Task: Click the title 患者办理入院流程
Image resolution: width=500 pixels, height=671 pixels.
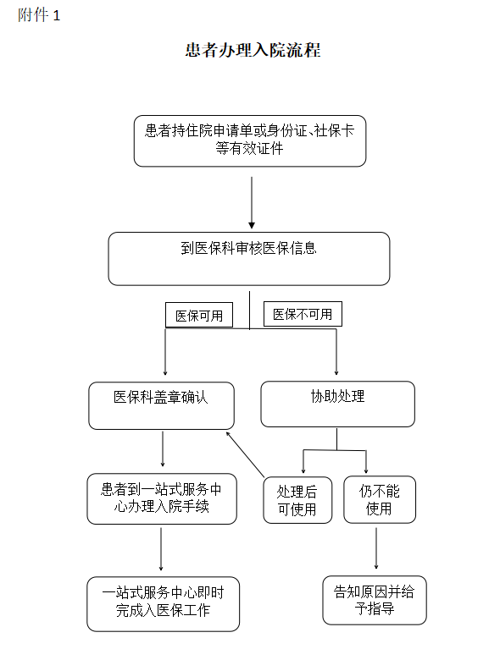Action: tap(253, 50)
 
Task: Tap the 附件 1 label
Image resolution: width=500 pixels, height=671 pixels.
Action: tap(39, 16)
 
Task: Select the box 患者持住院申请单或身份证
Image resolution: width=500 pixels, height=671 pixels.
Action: tap(249, 140)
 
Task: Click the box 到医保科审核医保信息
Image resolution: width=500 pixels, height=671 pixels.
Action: tap(248, 258)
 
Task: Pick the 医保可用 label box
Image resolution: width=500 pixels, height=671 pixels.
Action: tap(198, 316)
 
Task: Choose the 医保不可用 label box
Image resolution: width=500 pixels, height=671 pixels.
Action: tap(303, 315)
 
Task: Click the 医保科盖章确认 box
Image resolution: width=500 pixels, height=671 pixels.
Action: tap(161, 404)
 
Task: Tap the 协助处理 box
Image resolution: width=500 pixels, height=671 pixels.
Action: tap(337, 404)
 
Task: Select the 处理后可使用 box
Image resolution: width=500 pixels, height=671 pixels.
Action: tap(297, 500)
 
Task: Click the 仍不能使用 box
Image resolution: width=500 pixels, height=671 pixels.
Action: tap(379, 499)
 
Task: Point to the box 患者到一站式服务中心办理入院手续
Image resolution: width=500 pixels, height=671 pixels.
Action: tap(161, 498)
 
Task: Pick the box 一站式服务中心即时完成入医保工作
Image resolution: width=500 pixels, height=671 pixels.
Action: tap(163, 603)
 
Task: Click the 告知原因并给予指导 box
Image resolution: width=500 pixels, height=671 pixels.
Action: tap(375, 600)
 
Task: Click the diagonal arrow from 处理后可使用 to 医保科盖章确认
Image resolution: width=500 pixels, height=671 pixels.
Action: tap(246, 453)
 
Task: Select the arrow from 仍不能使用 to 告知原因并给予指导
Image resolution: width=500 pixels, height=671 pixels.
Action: tap(376, 547)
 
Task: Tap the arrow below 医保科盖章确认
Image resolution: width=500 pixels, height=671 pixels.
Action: tap(162, 448)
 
